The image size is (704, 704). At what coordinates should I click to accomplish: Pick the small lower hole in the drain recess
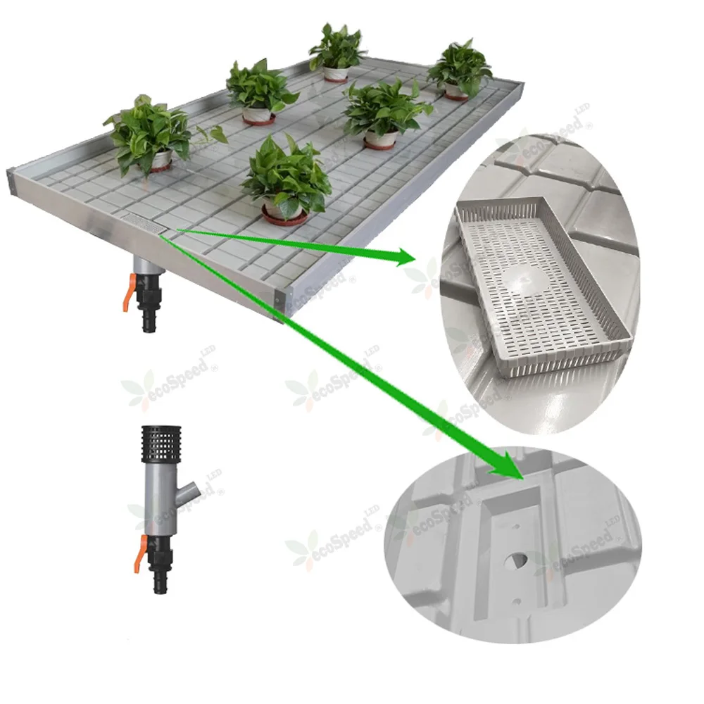pyautogui.click(x=517, y=601)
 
